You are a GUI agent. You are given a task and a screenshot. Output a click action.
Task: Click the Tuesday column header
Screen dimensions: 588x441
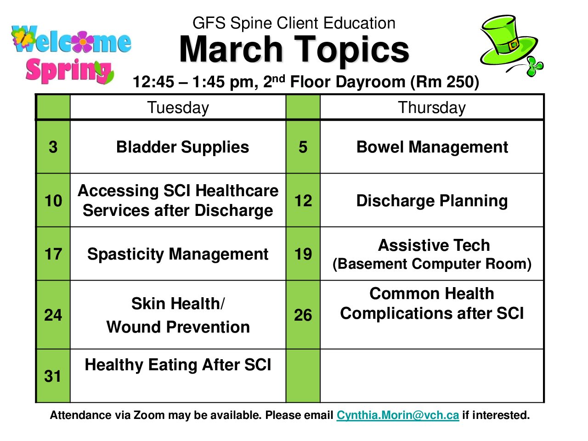point(178,108)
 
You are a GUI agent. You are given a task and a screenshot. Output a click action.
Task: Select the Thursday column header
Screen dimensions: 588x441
point(431,108)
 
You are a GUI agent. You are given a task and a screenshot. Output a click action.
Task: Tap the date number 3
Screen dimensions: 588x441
point(53,147)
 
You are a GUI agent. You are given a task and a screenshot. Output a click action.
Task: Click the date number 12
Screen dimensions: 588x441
point(303,201)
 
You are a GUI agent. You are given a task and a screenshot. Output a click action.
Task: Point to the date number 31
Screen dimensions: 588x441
point(53,376)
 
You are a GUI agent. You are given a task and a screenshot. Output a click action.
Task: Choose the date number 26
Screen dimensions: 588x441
point(303,315)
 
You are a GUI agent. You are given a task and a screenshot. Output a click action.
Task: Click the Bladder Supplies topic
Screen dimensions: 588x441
point(182,147)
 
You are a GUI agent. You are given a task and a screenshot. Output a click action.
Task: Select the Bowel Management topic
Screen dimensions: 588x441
point(432,147)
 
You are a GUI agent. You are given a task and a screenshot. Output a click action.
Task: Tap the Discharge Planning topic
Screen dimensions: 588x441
point(432,201)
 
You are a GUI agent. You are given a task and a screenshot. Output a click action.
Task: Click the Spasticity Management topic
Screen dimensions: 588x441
point(178,254)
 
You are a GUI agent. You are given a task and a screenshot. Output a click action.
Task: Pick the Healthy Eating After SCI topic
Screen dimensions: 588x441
point(178,365)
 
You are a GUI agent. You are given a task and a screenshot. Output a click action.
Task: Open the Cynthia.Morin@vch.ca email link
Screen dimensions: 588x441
point(398,415)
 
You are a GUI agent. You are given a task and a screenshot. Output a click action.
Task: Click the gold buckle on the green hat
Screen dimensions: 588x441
point(514,45)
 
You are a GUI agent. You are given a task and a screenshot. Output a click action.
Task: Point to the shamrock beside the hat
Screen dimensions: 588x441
point(535,66)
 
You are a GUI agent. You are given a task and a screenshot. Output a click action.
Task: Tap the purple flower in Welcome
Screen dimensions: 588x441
point(83,41)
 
